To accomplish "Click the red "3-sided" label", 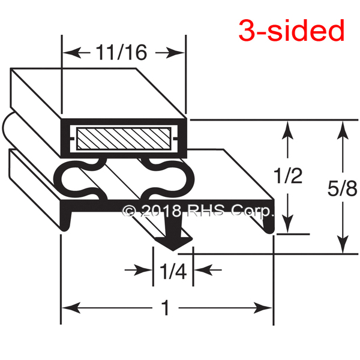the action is (292, 31).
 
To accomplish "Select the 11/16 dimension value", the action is (121, 53).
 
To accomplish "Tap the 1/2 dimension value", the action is (287, 176).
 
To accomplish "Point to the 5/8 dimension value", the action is (342, 188).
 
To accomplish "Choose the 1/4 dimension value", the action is (173, 271).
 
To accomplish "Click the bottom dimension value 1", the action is (166, 307).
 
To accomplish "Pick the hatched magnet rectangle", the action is (124, 139).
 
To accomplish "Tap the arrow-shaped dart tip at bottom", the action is (174, 244).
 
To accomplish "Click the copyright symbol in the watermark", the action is (129, 211).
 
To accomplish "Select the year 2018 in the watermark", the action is (161, 211).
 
